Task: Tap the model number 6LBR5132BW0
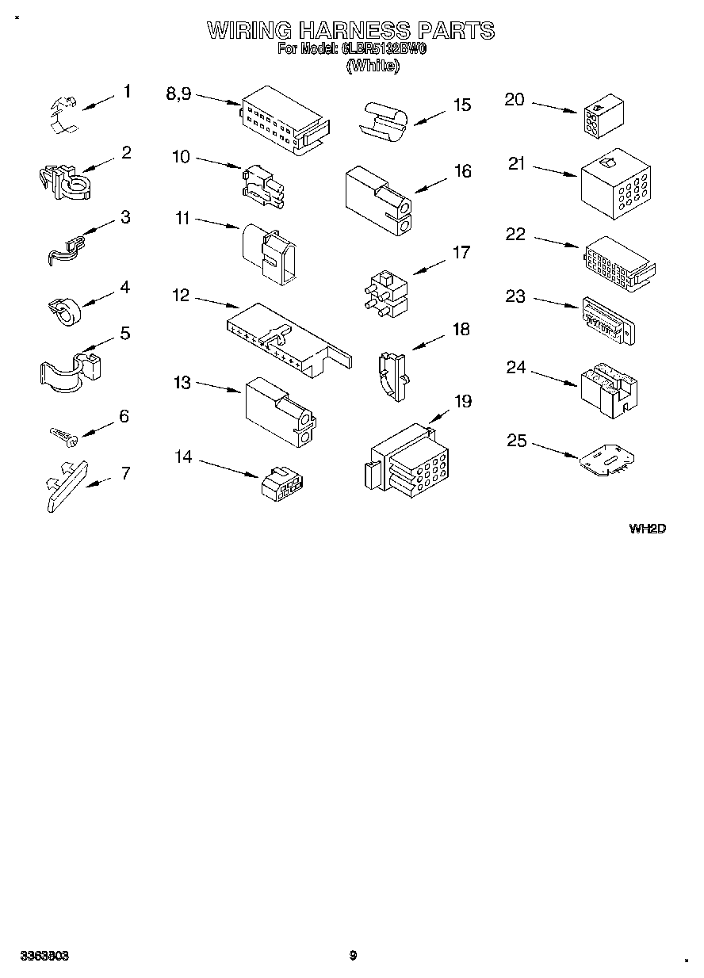[x=385, y=49]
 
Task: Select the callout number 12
[x=181, y=295]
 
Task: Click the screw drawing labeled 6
[x=61, y=434]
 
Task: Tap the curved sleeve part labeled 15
[x=384, y=120]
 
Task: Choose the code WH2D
[x=647, y=528]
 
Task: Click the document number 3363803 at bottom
[x=44, y=956]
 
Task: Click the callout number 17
[x=461, y=253]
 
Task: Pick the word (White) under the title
[x=372, y=67]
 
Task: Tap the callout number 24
[x=516, y=368]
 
